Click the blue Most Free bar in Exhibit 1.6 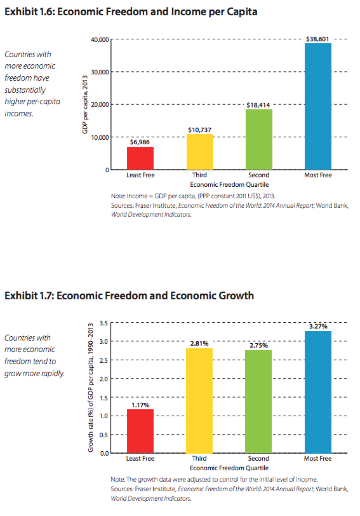pos(318,106)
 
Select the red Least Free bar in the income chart pos(140,158)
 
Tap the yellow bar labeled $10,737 pos(200,152)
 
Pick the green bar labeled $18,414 pos(259,140)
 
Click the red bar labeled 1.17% pos(140,431)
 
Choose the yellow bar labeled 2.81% pos(199,401)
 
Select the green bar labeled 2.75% pos(259,402)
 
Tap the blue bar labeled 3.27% pos(318,392)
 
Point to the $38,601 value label pos(317,39)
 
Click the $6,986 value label pos(140,142)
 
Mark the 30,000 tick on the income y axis pos(100,72)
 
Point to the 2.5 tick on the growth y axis pos(104,360)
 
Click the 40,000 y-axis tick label pos(100,40)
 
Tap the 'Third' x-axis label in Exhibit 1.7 pos(199,458)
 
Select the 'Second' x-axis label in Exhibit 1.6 pos(259,175)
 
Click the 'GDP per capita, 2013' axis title pos(85,105)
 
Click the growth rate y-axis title pos(91,388)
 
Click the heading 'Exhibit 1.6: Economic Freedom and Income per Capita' pos(131,12)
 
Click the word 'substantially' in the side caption pos(25,90)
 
